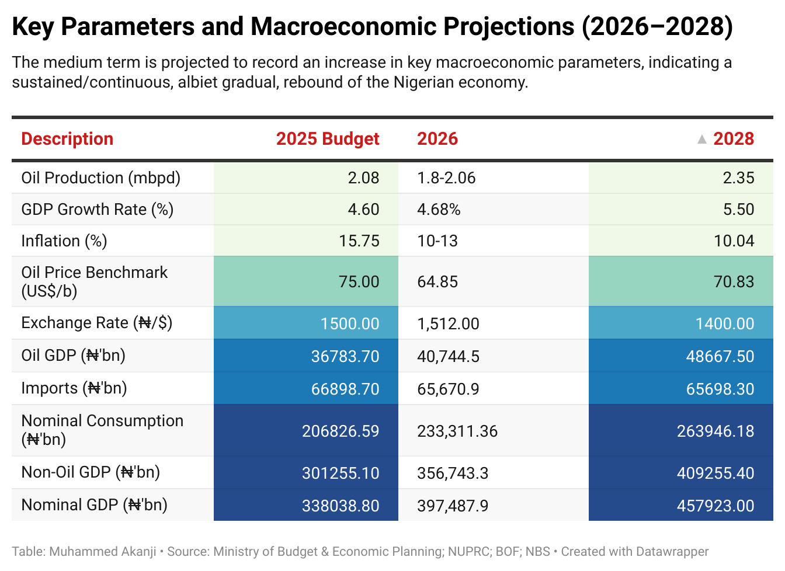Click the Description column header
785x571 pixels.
[x=67, y=139]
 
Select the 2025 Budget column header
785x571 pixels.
[x=328, y=139]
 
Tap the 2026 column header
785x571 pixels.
[x=437, y=139]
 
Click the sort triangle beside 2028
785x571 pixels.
[x=702, y=140]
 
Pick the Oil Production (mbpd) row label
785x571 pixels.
[x=101, y=178]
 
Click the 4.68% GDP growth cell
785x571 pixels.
[x=439, y=210]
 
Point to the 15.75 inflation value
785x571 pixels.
[x=359, y=241]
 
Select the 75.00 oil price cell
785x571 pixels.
[x=359, y=282]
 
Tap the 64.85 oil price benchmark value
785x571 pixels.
[x=437, y=282]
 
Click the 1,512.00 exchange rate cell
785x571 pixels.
[x=448, y=324]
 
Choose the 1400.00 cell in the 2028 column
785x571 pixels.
[x=725, y=324]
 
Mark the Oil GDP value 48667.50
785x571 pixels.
[x=720, y=357]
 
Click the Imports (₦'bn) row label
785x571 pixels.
[x=74, y=388]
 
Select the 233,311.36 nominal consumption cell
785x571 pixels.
[x=457, y=431]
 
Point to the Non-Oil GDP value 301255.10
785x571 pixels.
[x=341, y=473]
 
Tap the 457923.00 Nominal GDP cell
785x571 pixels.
[x=715, y=506]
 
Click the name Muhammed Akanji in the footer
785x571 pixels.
[x=103, y=552]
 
